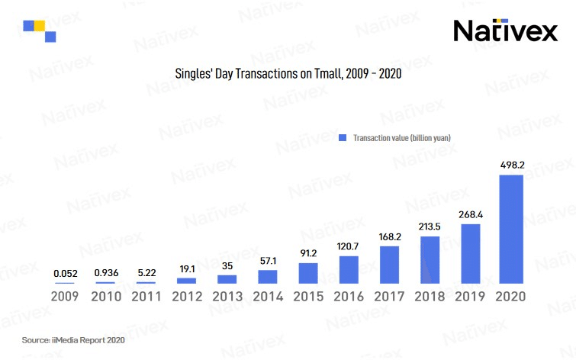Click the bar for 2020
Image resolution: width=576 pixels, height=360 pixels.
(511, 229)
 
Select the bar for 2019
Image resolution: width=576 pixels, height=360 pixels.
(471, 253)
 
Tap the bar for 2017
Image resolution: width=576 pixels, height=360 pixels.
(390, 265)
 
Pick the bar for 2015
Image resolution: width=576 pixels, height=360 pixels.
(308, 273)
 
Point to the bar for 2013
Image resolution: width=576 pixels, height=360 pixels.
(227, 279)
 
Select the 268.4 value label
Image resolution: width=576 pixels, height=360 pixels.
(471, 214)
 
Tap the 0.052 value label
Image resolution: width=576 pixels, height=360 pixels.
(65, 273)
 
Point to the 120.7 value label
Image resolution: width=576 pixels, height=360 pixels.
(349, 247)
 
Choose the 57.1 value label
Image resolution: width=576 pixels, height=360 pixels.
(268, 261)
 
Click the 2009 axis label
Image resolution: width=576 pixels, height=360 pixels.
(65, 295)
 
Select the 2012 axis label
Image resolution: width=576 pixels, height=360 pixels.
(187, 295)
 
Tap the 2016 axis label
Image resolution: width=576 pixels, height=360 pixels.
(349, 295)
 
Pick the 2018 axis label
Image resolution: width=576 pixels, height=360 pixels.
(430, 295)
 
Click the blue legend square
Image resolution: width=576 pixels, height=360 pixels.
(343, 137)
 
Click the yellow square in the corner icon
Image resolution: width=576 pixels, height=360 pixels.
(40, 26)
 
